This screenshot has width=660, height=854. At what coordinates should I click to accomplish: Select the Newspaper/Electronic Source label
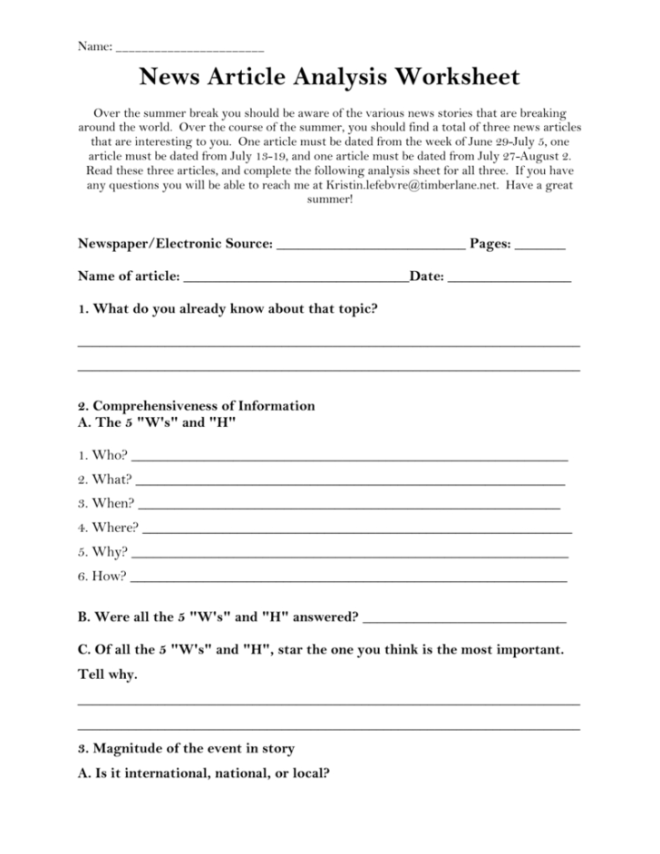(174, 244)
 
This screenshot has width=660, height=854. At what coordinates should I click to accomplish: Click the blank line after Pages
(540, 247)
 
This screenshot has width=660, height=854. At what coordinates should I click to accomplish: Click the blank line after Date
(510, 279)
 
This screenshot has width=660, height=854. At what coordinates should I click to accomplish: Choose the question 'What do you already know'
(228, 308)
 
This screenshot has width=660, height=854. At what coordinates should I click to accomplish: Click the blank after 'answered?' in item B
(464, 620)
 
